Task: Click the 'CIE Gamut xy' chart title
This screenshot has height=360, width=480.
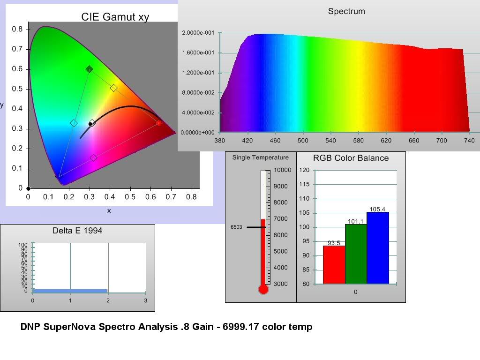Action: [115, 17]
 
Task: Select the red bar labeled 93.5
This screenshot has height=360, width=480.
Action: [334, 265]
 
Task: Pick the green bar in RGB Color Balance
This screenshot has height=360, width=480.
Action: [356, 254]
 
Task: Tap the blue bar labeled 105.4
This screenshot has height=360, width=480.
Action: [378, 248]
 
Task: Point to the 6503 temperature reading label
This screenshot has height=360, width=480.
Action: [236, 227]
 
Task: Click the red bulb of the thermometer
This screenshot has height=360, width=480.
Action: [263, 289]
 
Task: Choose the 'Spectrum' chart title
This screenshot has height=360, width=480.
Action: [346, 11]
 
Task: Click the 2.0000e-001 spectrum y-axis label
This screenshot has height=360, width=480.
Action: [198, 33]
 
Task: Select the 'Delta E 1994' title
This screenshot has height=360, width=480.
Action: [77, 231]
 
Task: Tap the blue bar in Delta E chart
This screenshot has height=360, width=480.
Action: [70, 291]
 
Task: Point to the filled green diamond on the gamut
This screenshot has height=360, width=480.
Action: [89, 69]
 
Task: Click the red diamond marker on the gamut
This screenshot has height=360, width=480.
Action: [158, 123]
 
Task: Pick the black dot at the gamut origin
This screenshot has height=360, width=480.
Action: [28, 188]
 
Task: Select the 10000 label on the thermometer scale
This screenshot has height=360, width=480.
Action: [282, 170]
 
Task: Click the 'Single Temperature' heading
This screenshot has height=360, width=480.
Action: [261, 157]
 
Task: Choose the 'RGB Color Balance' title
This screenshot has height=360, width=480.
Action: [351, 158]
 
